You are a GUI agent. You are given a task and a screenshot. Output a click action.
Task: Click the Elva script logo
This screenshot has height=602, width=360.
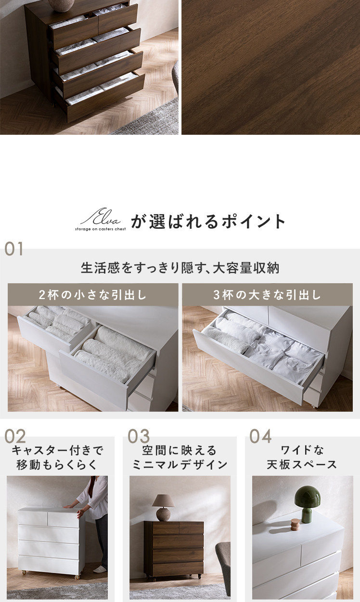101,217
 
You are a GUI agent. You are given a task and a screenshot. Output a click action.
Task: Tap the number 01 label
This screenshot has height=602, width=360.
14,249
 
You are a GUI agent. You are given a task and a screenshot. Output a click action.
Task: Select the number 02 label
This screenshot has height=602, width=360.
15,436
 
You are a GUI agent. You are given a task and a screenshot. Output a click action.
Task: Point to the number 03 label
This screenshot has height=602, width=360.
138,436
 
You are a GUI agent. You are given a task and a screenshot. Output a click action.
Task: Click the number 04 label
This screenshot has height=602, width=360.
260,436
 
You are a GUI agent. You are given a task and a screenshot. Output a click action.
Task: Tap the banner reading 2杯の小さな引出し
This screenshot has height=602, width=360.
93,295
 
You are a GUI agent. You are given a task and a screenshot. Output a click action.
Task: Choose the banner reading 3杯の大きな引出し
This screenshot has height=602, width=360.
267,295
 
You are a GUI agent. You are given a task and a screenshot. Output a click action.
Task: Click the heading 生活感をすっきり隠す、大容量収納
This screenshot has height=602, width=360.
180,268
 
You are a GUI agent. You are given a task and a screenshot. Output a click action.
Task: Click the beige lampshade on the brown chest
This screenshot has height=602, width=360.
164,501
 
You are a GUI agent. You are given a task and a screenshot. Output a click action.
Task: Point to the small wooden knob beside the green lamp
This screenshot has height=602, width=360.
295,524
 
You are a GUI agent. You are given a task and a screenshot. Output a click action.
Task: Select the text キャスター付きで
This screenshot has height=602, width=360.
57,451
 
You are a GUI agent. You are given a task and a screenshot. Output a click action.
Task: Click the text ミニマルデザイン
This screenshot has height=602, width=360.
180,465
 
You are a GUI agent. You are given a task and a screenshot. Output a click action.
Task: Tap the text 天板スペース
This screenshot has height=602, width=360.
302,465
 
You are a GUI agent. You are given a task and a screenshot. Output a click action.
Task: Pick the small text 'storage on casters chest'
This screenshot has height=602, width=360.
101,229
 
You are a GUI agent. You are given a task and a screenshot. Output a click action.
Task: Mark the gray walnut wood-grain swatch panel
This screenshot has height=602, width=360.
271,67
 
